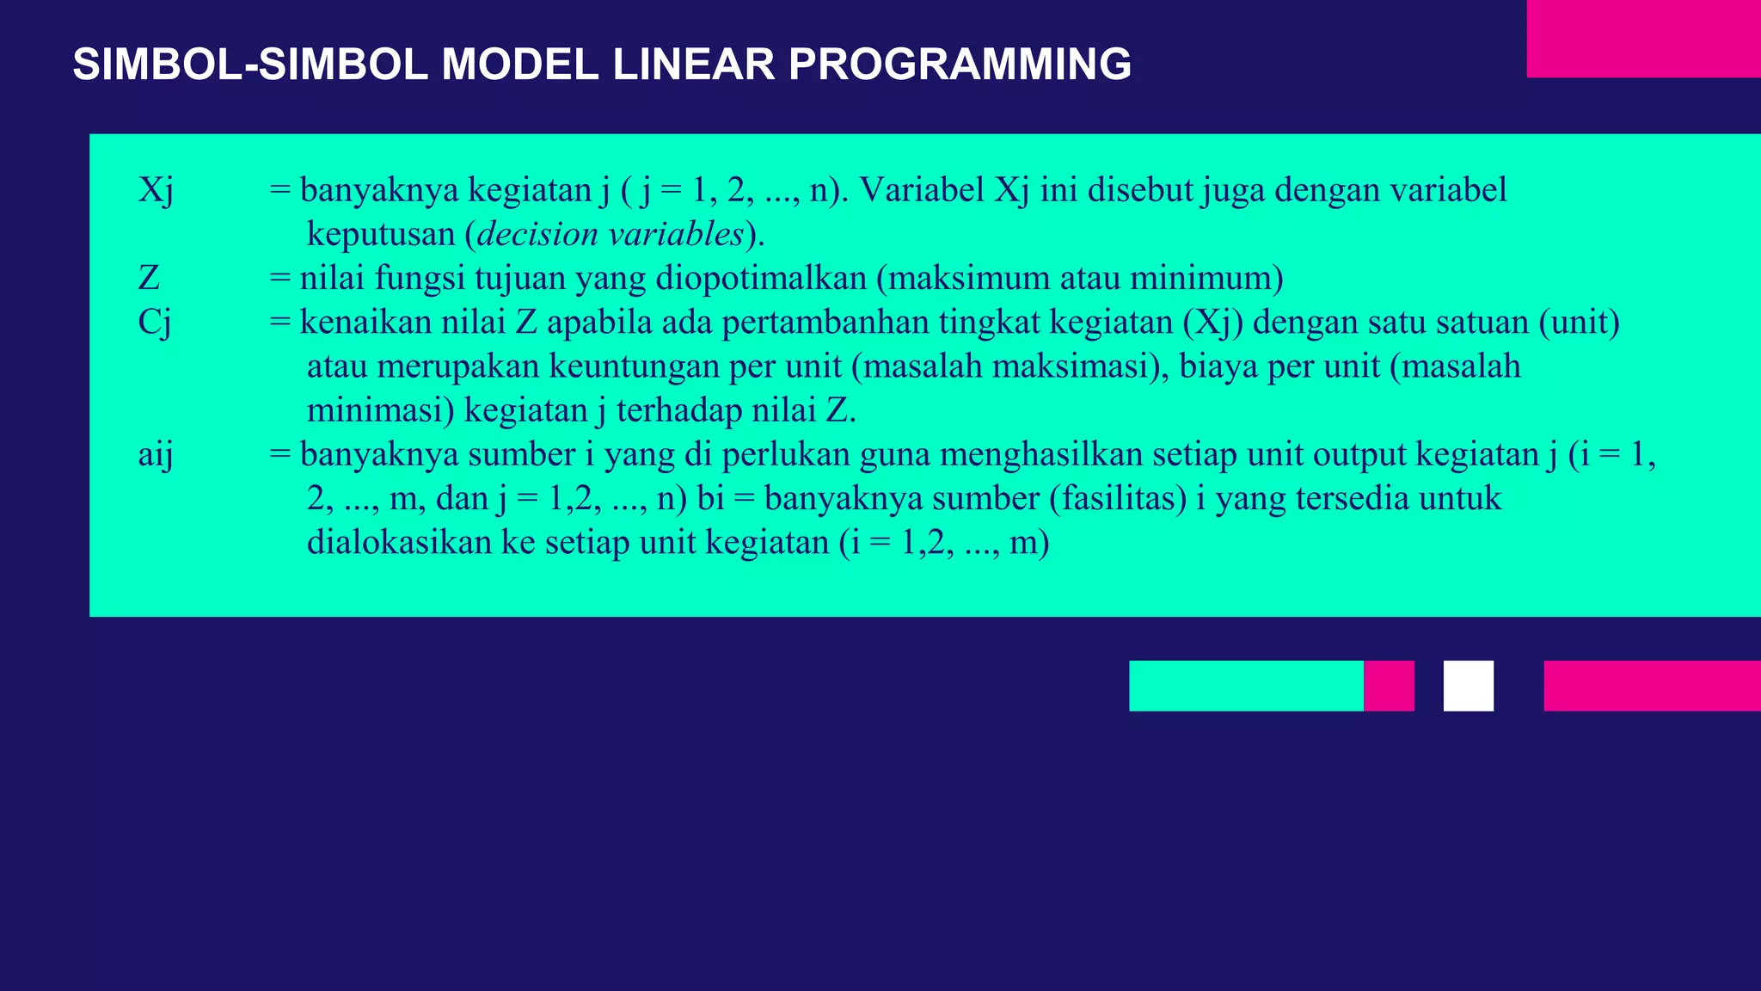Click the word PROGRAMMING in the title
pos(960,65)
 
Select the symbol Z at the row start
pos(149,279)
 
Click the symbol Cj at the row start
pos(154,323)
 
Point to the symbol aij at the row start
pos(155,454)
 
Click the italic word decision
pos(537,234)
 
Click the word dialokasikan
pos(399,543)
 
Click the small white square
pos(1468,686)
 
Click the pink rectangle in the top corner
pos(1643,39)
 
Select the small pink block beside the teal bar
pos(1389,686)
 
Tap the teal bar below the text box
pos(1245,686)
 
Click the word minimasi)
pos(380,411)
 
